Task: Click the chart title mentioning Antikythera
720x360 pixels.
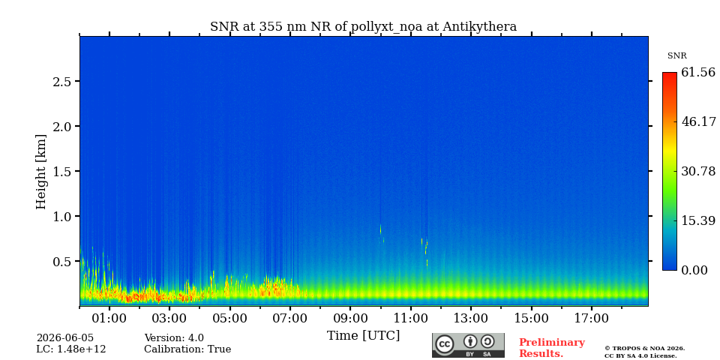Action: (x=363, y=27)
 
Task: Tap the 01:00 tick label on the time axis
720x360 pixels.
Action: (x=109, y=318)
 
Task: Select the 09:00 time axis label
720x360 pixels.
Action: (x=350, y=318)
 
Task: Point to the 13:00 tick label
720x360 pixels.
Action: (x=471, y=318)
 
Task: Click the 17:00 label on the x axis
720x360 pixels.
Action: (x=591, y=318)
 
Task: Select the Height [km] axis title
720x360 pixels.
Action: (x=41, y=172)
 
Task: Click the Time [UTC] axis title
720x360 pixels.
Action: (x=363, y=336)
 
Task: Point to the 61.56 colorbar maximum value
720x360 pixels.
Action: (x=698, y=72)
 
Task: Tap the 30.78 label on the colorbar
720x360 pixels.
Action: (x=698, y=171)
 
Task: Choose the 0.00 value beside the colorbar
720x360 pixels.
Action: (x=694, y=270)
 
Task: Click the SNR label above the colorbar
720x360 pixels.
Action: (x=676, y=56)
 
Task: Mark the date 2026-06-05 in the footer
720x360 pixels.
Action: (x=65, y=338)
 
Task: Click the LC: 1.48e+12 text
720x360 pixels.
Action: (x=71, y=349)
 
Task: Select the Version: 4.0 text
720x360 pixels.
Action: (x=174, y=338)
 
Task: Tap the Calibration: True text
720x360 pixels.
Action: (x=187, y=349)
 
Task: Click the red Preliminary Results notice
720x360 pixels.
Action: (x=552, y=348)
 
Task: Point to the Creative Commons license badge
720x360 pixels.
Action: (x=468, y=345)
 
